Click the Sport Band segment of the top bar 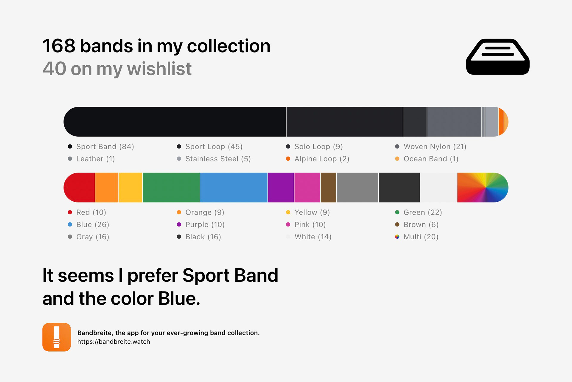click(175, 122)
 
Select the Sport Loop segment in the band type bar click(345, 122)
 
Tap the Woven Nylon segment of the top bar click(454, 122)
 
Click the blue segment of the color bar click(234, 187)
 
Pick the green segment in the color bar click(171, 187)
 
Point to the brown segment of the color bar click(329, 187)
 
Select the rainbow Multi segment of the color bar click(483, 187)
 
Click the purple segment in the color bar click(281, 187)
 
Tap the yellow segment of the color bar click(130, 187)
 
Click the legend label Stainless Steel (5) click(218, 159)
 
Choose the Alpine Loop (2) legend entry click(322, 159)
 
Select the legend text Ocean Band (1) click(431, 159)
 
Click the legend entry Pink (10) click(310, 224)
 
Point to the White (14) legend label click(313, 237)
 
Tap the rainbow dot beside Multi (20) click(397, 237)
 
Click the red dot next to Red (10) click(70, 212)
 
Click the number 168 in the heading click(59, 46)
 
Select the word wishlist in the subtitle click(159, 69)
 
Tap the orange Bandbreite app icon click(57, 337)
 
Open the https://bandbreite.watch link click(114, 342)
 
